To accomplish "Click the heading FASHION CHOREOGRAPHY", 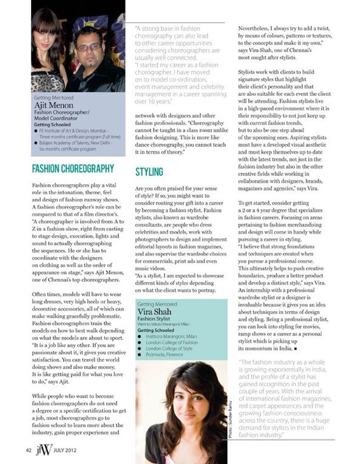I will [x=73, y=169].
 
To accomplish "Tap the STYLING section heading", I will [x=149, y=172].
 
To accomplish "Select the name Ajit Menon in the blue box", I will [x=53, y=105].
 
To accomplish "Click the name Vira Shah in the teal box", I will [x=154, y=312].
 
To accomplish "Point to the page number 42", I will [x=29, y=450].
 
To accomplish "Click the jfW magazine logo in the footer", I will [x=44, y=450].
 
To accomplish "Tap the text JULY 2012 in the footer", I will [x=65, y=450].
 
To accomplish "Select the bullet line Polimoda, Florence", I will [x=164, y=355].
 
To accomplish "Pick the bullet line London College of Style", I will [x=169, y=349].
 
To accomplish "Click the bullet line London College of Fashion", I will [x=171, y=342].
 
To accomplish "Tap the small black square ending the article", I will [x=296, y=349].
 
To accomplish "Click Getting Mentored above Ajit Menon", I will [x=53, y=98].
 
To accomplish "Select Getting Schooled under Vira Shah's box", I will [x=156, y=330].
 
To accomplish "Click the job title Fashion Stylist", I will [x=153, y=319].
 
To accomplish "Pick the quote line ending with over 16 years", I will [x=152, y=102].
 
